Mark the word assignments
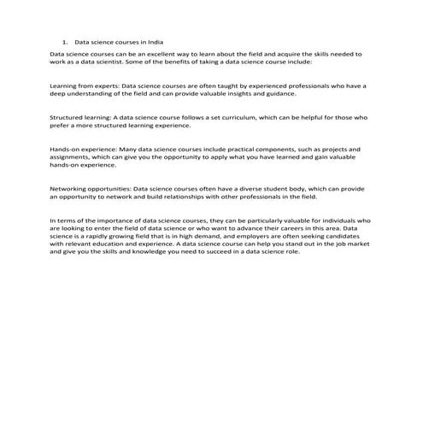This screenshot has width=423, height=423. [x=71, y=156]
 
